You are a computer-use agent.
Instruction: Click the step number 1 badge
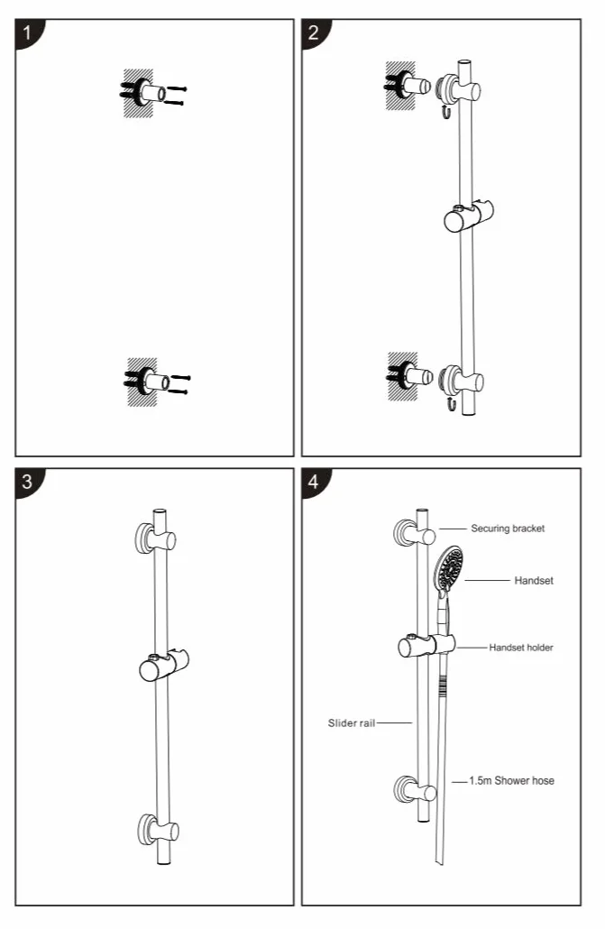[27, 32]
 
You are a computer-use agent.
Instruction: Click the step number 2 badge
[314, 32]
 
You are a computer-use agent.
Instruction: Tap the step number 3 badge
[27, 481]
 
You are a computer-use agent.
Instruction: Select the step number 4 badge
[314, 481]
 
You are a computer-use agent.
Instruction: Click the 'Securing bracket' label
[508, 529]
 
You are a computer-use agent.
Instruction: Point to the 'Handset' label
[534, 581]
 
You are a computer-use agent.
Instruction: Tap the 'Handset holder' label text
[521, 648]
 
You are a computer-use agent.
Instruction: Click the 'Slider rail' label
[352, 722]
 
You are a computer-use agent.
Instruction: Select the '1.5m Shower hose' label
[512, 781]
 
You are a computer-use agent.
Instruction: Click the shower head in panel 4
[448, 569]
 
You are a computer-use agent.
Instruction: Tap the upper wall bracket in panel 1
[153, 92]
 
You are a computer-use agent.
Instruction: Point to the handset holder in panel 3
[164, 666]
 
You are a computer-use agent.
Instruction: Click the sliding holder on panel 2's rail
[469, 216]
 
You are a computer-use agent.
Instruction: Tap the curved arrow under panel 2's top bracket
[445, 111]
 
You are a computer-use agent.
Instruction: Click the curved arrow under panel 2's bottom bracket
[450, 404]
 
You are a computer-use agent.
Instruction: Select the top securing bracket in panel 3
[156, 538]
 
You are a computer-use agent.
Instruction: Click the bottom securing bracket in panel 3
[158, 829]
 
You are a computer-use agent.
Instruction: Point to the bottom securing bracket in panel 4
[416, 790]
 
